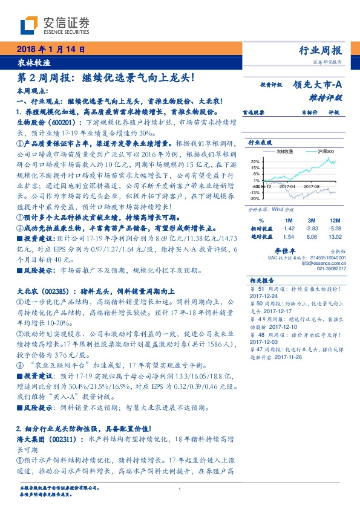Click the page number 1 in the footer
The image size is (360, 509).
coord(180,490)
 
